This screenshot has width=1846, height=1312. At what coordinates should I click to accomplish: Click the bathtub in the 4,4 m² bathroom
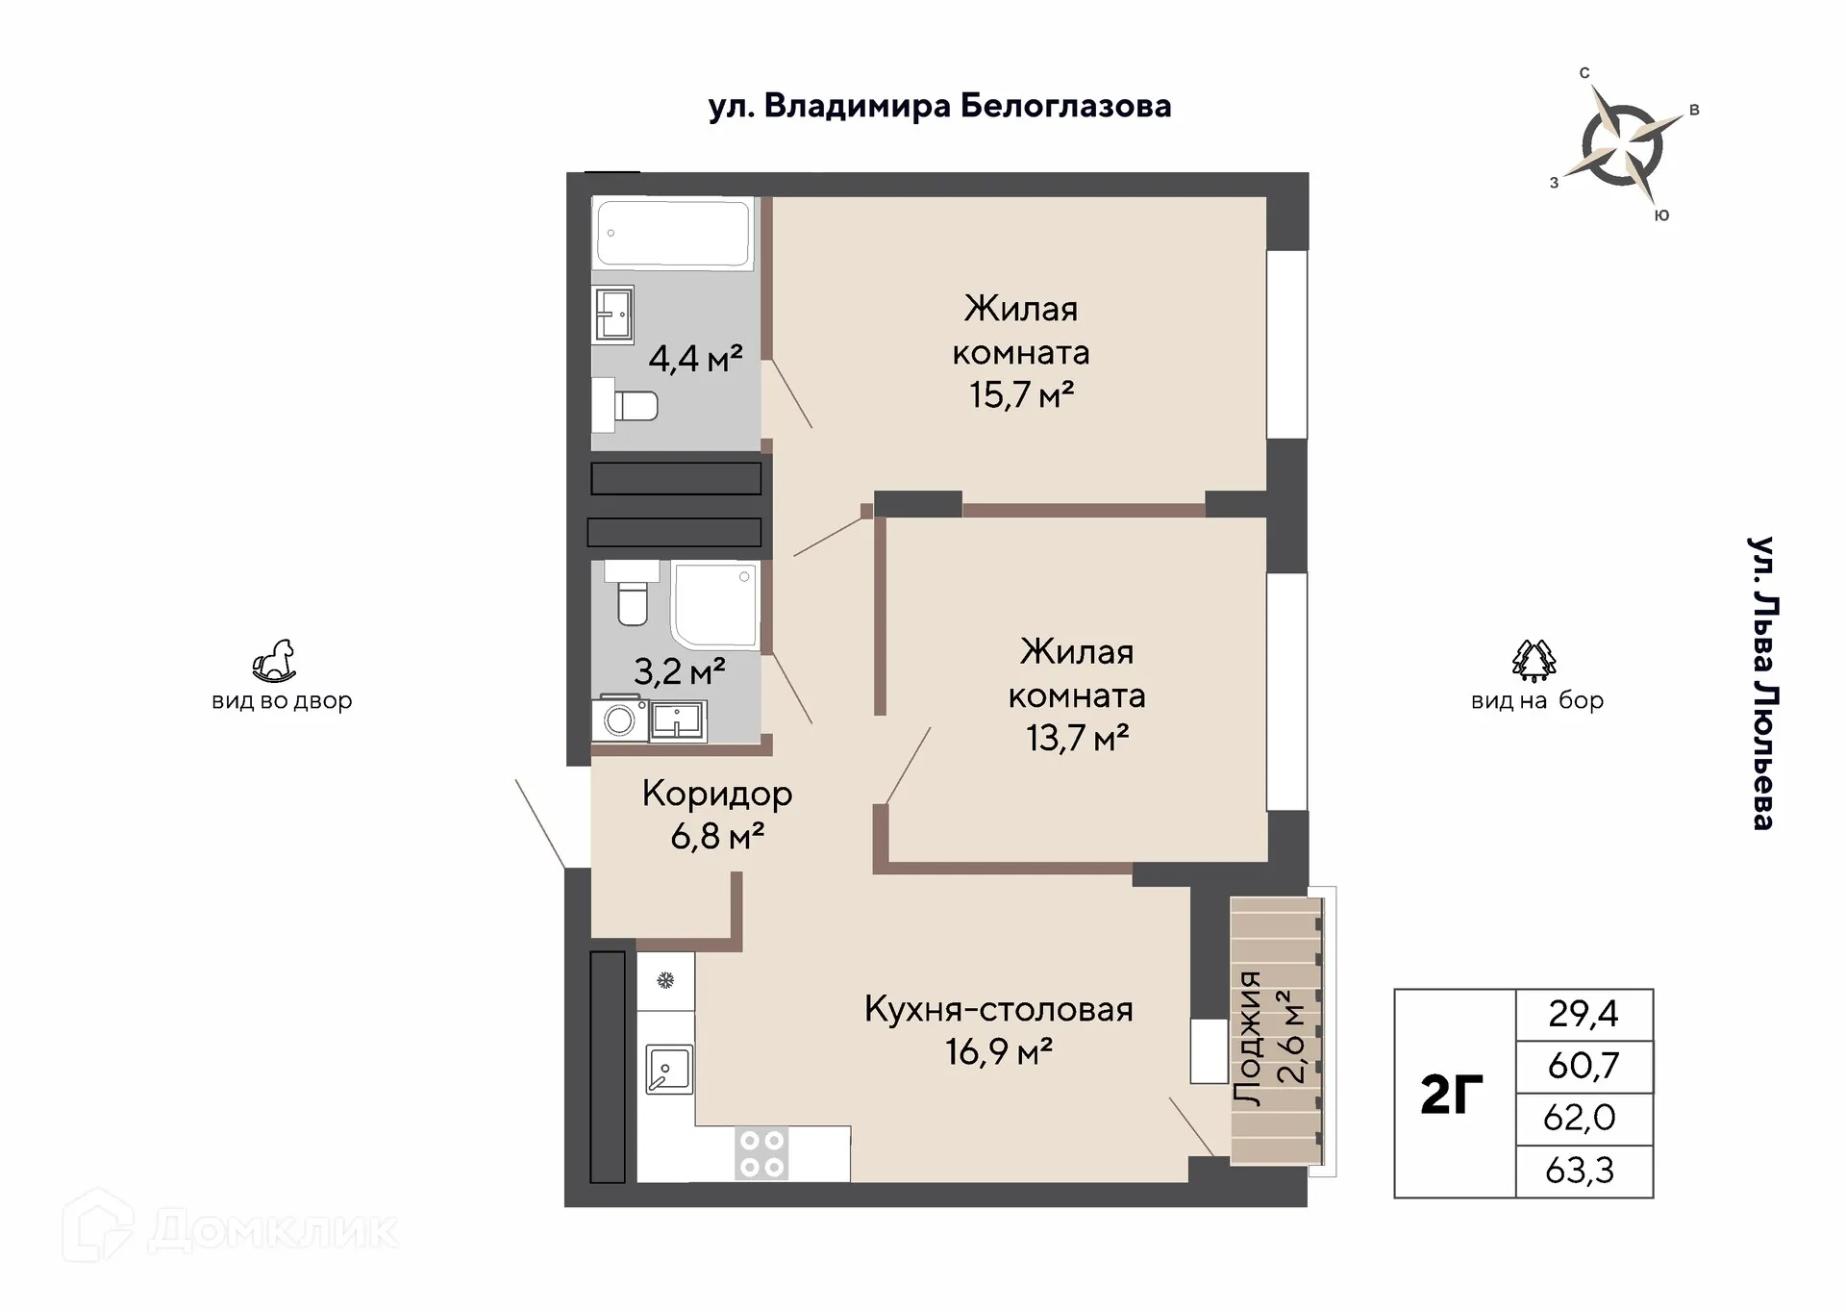(672, 233)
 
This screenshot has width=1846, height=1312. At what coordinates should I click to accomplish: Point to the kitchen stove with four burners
(761, 1153)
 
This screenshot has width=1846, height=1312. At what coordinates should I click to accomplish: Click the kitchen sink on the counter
(669, 1070)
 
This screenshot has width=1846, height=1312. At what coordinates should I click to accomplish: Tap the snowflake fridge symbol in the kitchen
(665, 981)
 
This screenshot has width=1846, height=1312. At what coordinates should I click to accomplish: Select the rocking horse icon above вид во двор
(274, 662)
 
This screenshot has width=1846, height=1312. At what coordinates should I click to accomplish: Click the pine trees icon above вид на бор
(1534, 660)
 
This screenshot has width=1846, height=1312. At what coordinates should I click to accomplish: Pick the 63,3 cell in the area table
(1583, 1171)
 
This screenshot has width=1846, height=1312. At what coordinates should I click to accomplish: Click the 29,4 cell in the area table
(1583, 1014)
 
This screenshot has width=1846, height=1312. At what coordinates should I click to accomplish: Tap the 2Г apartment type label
(1452, 1095)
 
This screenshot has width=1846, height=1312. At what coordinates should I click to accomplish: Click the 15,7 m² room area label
(1021, 394)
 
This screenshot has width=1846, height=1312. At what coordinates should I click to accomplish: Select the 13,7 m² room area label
(1077, 738)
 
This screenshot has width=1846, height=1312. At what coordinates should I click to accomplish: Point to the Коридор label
(717, 794)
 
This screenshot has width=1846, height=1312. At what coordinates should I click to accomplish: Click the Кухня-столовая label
(998, 1009)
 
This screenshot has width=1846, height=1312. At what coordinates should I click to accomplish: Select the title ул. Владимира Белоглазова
(939, 106)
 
